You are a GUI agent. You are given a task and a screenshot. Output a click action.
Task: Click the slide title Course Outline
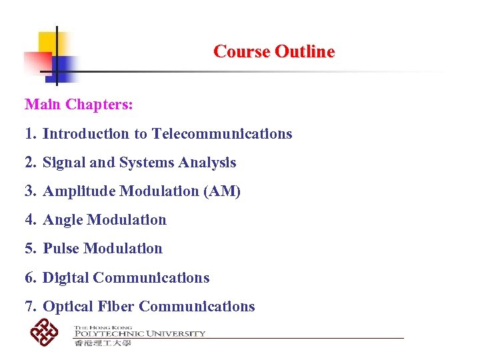274,51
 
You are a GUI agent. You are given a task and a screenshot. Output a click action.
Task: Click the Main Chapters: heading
79,105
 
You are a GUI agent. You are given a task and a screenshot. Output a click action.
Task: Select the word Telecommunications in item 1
222,134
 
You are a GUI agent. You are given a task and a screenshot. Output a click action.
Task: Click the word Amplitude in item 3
80,191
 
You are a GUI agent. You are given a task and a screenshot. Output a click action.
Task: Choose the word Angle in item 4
63,220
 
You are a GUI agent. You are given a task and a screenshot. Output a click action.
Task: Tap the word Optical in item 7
68,307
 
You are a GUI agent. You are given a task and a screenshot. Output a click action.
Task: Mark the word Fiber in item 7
116,307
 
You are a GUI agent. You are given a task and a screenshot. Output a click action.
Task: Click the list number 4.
29,220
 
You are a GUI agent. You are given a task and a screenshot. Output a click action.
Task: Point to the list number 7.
29,307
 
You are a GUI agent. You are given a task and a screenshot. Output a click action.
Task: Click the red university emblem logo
45,332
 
